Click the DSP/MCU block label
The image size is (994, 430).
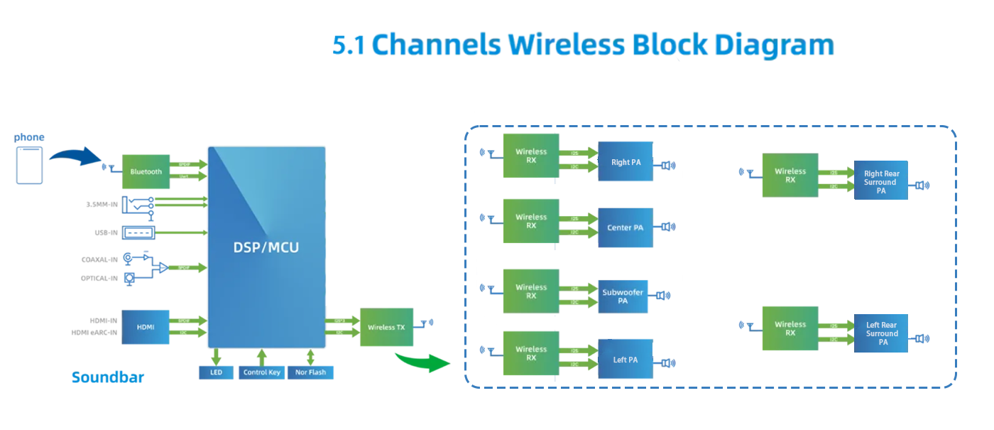click(x=266, y=247)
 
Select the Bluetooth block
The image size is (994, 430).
click(x=146, y=171)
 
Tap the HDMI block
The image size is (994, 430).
click(x=146, y=327)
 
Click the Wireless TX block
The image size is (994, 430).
click(x=386, y=328)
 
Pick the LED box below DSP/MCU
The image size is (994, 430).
click(x=216, y=372)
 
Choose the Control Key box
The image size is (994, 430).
click(x=261, y=372)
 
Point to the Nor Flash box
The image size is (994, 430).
click(x=310, y=372)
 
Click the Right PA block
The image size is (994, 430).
click(x=626, y=162)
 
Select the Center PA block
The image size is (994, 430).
click(x=626, y=228)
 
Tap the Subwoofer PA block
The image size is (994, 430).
click(x=623, y=296)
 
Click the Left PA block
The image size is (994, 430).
click(x=625, y=360)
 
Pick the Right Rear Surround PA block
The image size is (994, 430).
click(x=880, y=181)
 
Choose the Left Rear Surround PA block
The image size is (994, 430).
click(x=881, y=333)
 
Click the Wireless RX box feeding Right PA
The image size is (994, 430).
click(x=531, y=156)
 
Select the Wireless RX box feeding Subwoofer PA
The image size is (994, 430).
click(x=531, y=291)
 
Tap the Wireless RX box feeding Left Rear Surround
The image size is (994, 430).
click(x=790, y=328)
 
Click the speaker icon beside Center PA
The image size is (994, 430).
click(x=668, y=227)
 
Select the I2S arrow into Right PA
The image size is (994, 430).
click(x=578, y=151)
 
